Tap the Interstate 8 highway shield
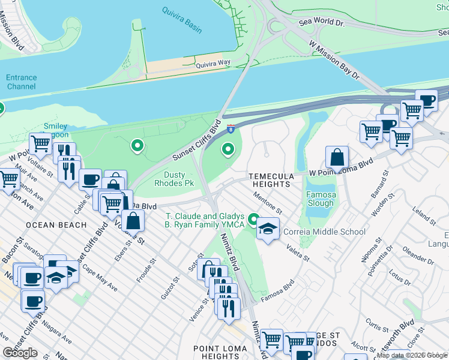click(x=231, y=128)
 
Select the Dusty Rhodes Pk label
click(x=175, y=178)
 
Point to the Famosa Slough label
click(x=321, y=199)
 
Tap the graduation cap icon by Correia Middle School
click(x=268, y=229)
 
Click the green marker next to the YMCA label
click(x=254, y=220)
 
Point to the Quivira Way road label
click(x=215, y=62)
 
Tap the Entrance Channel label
click(x=22, y=82)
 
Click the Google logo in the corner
click(x=20, y=353)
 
